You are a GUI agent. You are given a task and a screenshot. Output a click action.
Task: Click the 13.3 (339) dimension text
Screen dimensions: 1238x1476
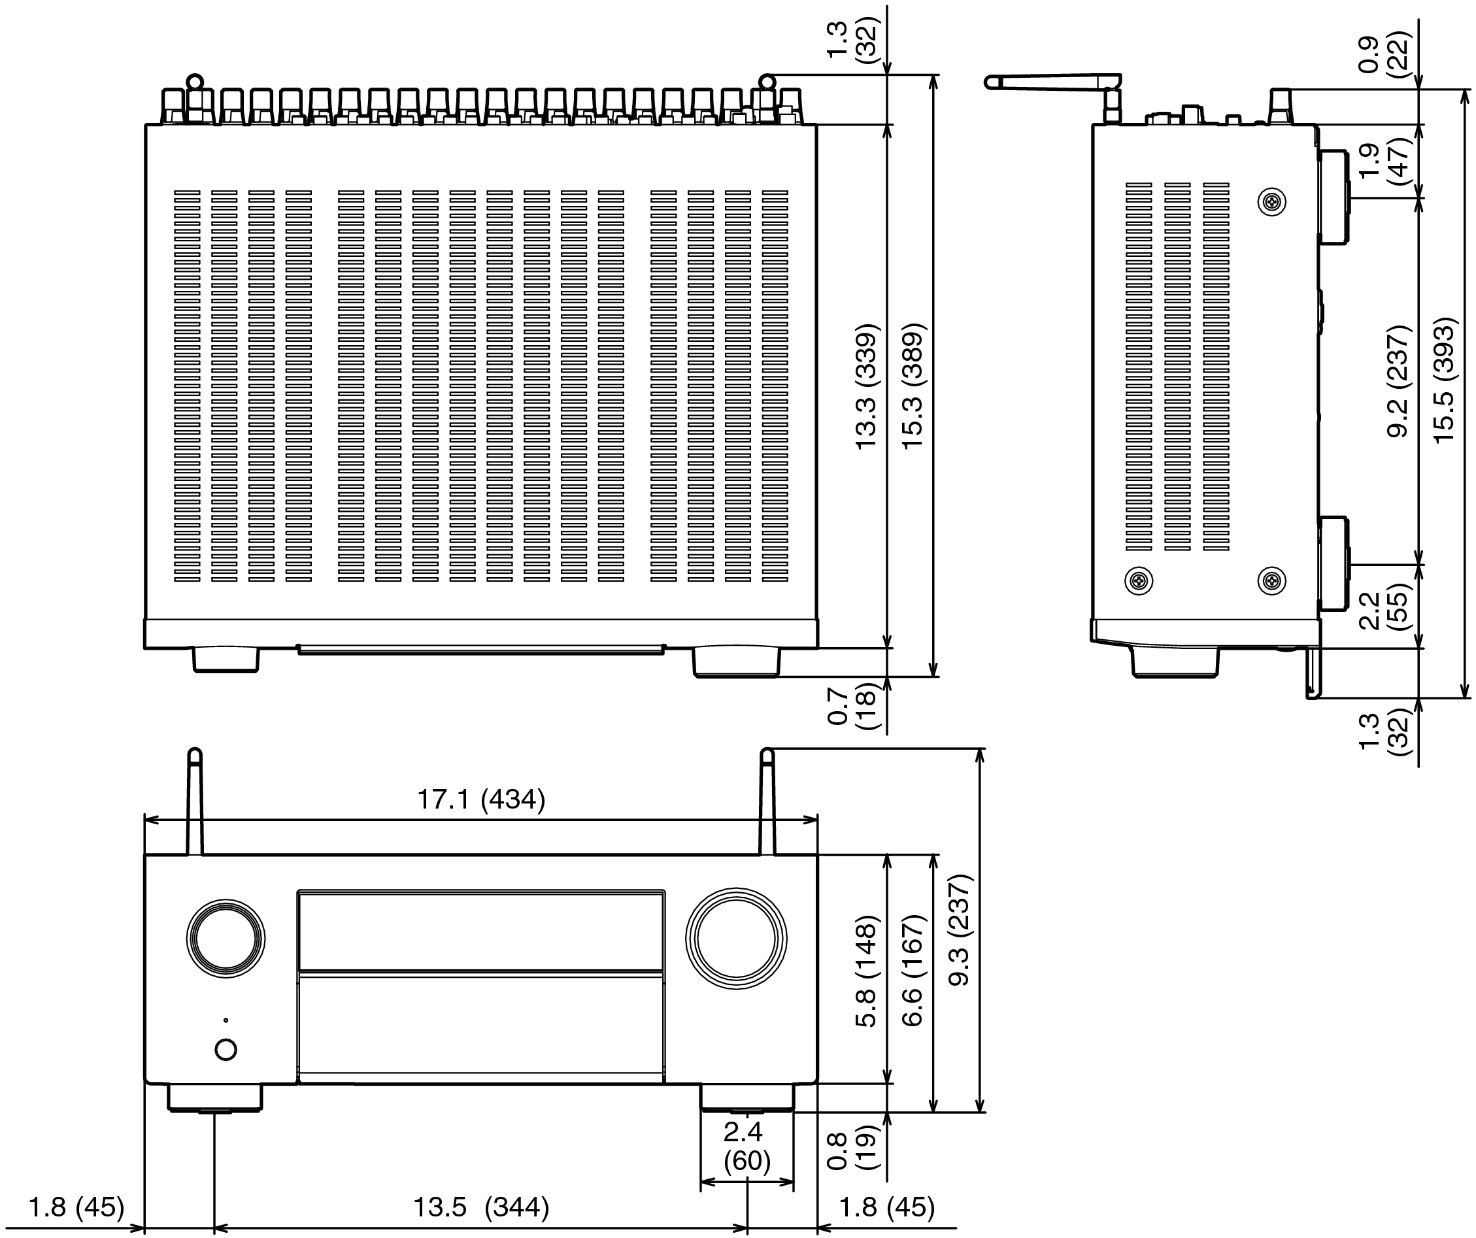866,387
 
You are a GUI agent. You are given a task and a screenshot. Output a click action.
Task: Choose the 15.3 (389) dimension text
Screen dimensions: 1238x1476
913,387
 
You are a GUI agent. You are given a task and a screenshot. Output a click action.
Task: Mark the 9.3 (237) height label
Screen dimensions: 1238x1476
960,929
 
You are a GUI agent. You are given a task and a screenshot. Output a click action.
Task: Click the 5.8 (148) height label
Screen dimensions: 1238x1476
866,971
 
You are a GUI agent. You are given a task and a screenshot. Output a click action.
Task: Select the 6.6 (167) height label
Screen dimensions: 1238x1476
913,971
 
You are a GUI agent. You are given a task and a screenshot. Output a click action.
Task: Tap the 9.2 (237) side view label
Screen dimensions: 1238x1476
1399,381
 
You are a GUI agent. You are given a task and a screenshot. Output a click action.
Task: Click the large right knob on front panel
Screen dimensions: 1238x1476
736,939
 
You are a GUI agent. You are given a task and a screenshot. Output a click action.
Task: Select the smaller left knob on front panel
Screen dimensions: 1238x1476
226,938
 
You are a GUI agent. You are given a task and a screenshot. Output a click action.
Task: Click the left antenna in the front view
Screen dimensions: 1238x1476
195,801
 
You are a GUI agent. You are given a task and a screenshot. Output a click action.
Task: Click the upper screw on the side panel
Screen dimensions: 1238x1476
1271,203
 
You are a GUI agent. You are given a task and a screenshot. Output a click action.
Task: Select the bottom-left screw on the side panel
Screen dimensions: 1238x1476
1139,580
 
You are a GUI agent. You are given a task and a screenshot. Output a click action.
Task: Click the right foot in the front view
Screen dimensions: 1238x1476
747,1097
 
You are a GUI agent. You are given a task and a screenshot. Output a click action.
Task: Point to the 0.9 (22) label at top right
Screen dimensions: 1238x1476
1381,53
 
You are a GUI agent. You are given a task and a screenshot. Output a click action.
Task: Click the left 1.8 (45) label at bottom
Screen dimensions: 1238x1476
76,1207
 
